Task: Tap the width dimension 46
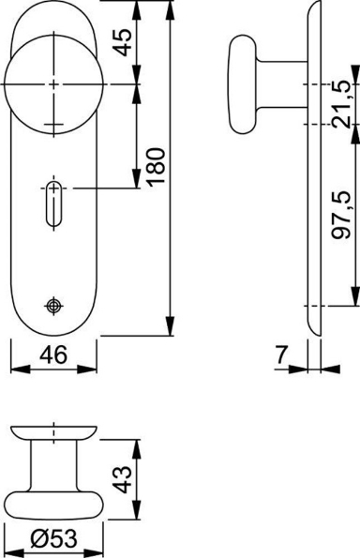[52, 357]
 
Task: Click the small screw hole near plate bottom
[52, 306]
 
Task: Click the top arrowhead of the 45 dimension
[137, 8]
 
